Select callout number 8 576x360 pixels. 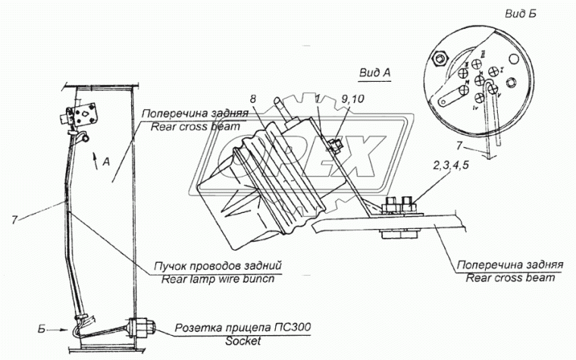(253, 99)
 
